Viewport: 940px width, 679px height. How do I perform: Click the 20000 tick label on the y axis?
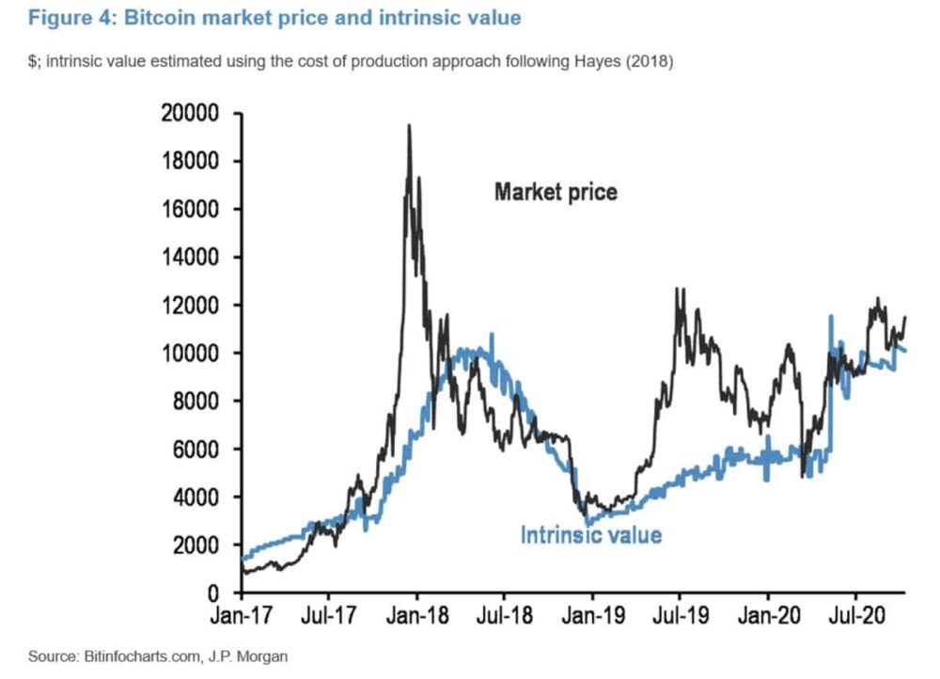[x=190, y=113]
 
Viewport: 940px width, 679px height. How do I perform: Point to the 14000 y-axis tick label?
[x=190, y=257]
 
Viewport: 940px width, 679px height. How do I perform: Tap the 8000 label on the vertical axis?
[x=196, y=401]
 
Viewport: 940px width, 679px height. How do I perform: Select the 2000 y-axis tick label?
[x=196, y=545]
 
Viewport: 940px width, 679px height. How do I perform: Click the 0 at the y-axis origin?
[x=213, y=593]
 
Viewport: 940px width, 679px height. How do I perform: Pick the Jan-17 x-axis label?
[x=241, y=615]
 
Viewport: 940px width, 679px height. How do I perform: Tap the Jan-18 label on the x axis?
[x=417, y=615]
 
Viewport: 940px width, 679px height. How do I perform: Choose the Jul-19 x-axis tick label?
[x=680, y=615]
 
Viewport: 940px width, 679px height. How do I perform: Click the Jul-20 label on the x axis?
[x=856, y=615]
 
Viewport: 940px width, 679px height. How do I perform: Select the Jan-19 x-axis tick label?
[x=593, y=615]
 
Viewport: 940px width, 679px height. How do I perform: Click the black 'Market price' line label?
[x=556, y=192]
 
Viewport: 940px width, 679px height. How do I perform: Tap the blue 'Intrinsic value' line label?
[x=591, y=534]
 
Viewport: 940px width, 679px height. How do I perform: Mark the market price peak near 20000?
[x=409, y=125]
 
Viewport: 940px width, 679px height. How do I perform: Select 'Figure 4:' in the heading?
[x=72, y=17]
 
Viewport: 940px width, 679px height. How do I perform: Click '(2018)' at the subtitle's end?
[x=650, y=61]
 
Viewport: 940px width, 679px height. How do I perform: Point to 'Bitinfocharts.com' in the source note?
[x=142, y=656]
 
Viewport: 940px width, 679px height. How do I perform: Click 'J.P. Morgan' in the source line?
[x=247, y=656]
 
